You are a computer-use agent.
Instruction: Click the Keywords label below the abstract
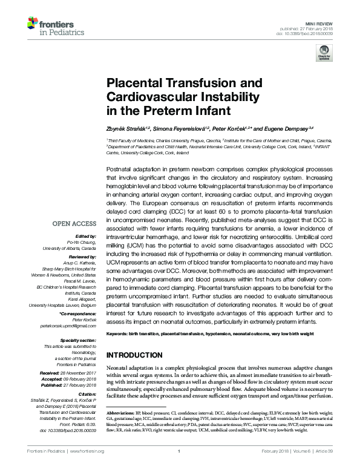click(x=119, y=334)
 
